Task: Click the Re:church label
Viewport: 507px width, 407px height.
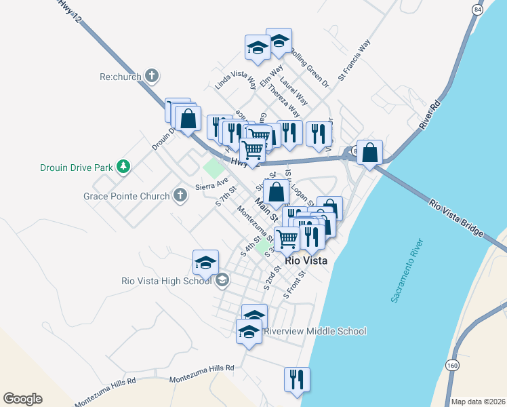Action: [120, 77]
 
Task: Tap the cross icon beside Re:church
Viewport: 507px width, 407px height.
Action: [153, 77]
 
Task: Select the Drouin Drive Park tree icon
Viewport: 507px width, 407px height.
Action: [123, 166]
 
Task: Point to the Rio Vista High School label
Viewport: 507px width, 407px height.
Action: [167, 281]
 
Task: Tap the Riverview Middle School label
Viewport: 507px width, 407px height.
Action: [315, 331]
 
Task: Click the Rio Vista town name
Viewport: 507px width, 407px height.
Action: [307, 260]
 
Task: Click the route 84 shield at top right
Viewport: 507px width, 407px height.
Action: [479, 10]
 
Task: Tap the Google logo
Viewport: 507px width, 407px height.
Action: [22, 399]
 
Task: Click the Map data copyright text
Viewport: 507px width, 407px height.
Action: [477, 401]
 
